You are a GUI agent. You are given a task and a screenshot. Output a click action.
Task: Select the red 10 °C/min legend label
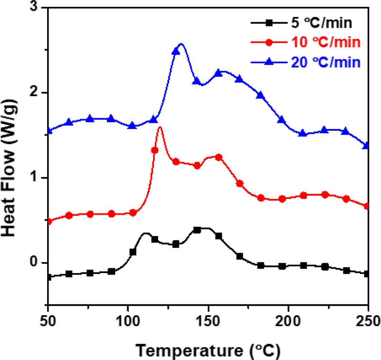point(324,43)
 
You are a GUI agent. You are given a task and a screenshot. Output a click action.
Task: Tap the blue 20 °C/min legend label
point(324,62)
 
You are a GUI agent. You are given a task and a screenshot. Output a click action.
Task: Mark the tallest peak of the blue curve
point(181,44)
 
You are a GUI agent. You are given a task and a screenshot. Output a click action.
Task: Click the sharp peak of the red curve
point(160,127)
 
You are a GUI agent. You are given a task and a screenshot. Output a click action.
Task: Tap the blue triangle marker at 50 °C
point(49,131)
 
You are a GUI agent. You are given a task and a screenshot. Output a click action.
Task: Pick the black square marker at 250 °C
point(367,274)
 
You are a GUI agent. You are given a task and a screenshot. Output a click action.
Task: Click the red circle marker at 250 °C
point(367,206)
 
